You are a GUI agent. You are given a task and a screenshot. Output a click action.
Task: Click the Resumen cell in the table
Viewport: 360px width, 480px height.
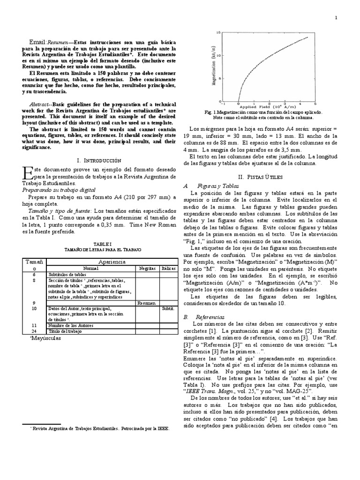147,303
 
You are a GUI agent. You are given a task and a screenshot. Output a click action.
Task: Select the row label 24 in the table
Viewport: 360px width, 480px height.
34,331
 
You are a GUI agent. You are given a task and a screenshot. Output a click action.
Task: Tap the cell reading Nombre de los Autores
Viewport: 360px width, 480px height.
70,325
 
